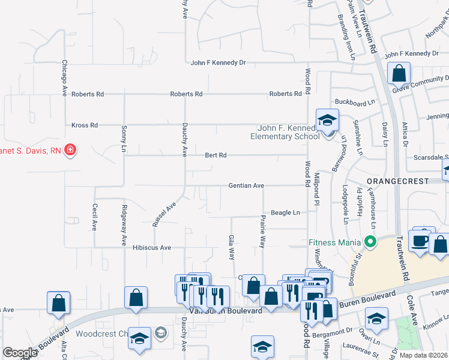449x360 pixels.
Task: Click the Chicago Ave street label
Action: [x=64, y=77]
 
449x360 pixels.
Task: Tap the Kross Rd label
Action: [x=85, y=125]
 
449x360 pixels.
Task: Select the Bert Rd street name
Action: [x=215, y=155]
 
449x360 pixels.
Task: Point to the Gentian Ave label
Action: [x=246, y=186]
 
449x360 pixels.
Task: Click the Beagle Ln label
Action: [x=285, y=213]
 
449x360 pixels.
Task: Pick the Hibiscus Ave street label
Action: [x=152, y=247]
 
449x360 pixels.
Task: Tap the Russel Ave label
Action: [x=163, y=214]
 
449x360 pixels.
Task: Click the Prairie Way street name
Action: [x=262, y=232]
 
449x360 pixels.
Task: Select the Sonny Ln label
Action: [x=124, y=138]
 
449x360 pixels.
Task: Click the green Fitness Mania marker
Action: [x=370, y=242]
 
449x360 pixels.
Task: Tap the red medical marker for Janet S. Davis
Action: [x=70, y=149]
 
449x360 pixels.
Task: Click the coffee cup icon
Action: [x=419, y=241]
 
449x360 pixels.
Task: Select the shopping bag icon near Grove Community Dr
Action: [x=398, y=74]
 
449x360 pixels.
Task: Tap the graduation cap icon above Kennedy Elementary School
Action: [x=328, y=119]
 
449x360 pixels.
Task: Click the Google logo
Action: [x=20, y=353]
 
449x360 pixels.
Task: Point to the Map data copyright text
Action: [x=423, y=355]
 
